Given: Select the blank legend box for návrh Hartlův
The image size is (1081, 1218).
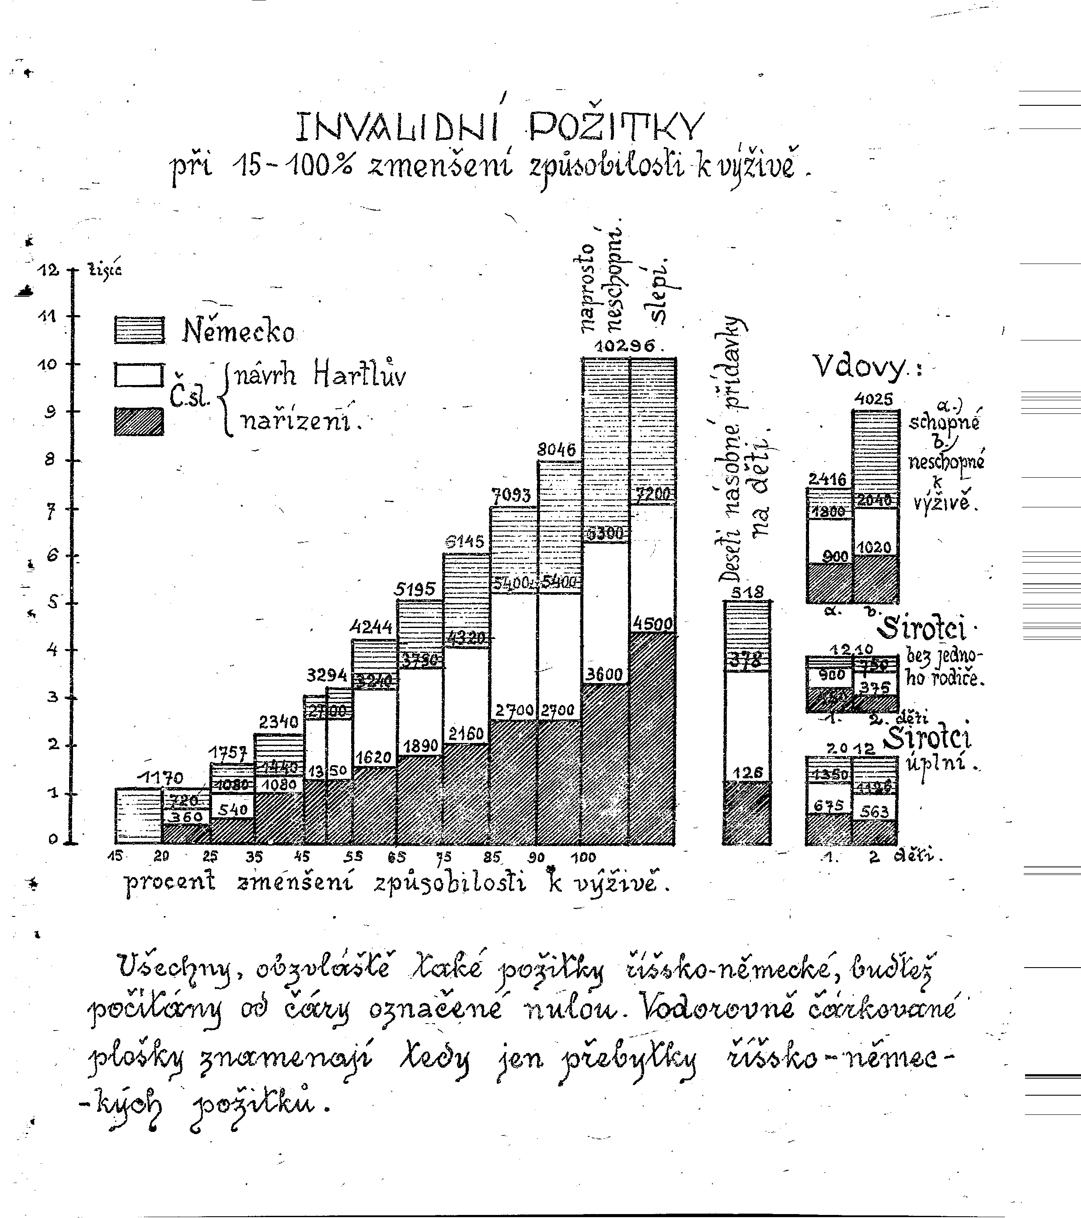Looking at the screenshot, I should click(139, 375).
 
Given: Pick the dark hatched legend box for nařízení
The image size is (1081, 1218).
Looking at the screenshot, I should click(139, 421).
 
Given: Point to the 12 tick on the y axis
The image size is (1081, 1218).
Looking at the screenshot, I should click(49, 270).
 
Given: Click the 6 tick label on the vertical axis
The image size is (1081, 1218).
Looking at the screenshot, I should click(51, 555).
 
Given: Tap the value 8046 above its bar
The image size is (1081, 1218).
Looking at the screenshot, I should click(556, 449).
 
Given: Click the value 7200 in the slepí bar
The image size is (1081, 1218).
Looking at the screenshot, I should click(653, 493).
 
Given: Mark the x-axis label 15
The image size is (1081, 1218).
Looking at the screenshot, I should click(115, 856).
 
